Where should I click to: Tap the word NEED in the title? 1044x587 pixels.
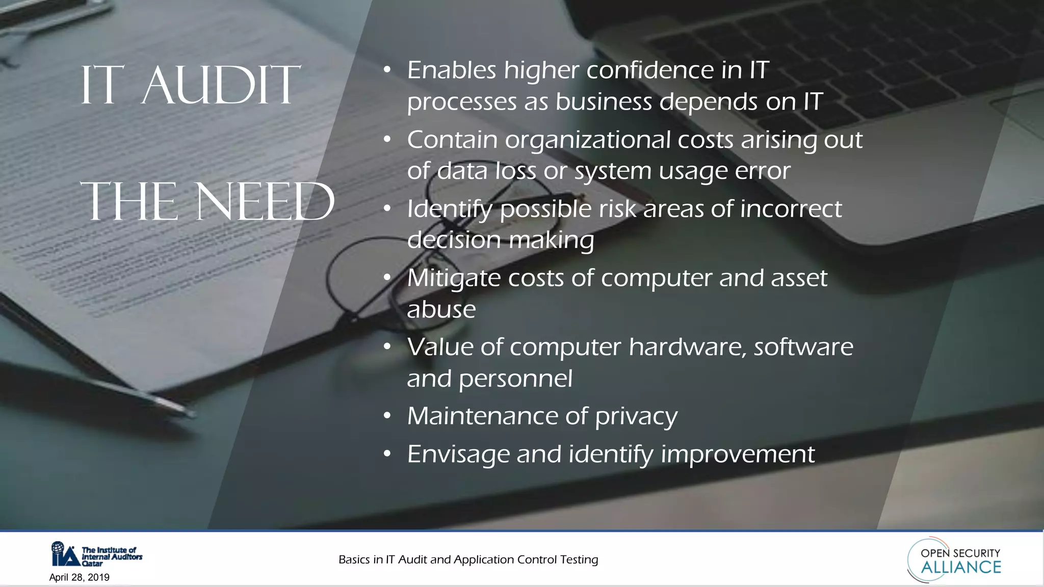[x=265, y=202]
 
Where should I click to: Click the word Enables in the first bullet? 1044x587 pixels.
[x=451, y=70]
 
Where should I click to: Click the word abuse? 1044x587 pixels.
[x=441, y=309]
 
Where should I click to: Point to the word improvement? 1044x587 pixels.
[x=737, y=454]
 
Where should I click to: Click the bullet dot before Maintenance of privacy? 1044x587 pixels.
[x=387, y=416]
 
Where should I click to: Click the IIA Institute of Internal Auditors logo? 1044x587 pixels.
[x=96, y=554]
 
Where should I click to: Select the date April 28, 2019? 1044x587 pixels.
[x=80, y=577]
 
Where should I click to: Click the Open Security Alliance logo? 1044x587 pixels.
[x=954, y=560]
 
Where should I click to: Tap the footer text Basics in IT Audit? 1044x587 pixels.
[x=468, y=559]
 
